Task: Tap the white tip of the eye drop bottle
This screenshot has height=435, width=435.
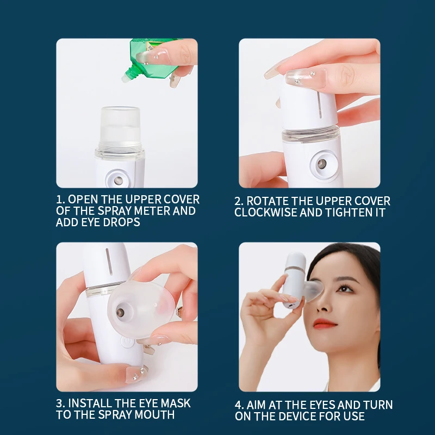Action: tap(125, 78)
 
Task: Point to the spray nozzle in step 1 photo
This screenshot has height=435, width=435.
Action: tap(119, 180)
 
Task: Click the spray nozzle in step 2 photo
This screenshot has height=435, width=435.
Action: tap(321, 164)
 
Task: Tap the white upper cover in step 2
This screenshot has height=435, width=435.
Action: tap(309, 105)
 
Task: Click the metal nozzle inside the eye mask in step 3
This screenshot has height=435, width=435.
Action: tap(121, 311)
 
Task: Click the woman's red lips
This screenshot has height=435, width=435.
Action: tap(324, 324)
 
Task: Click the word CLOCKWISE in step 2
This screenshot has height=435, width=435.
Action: tap(265, 213)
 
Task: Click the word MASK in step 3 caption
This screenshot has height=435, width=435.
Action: tap(176, 403)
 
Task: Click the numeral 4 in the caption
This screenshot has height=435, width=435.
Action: tap(238, 405)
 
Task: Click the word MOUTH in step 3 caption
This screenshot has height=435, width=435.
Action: tap(154, 414)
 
